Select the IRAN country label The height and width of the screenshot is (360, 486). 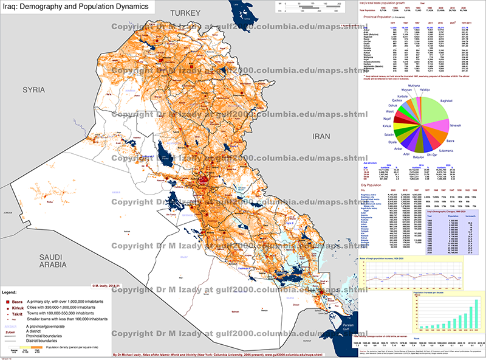point(320,120)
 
